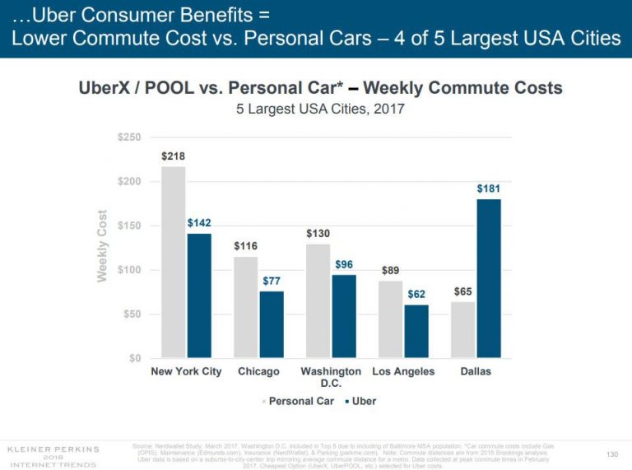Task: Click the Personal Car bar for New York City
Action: pos(174,263)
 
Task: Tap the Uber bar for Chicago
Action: pos(271,325)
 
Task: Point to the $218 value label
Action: pos(174,156)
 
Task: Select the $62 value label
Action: pos(417,294)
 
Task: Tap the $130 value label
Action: pos(318,234)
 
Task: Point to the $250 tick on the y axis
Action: pos(129,137)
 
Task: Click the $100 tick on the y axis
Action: pos(129,270)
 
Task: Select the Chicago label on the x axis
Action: pos(258,372)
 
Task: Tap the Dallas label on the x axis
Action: pos(475,372)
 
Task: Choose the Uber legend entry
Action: pos(359,402)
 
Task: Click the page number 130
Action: pos(611,454)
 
